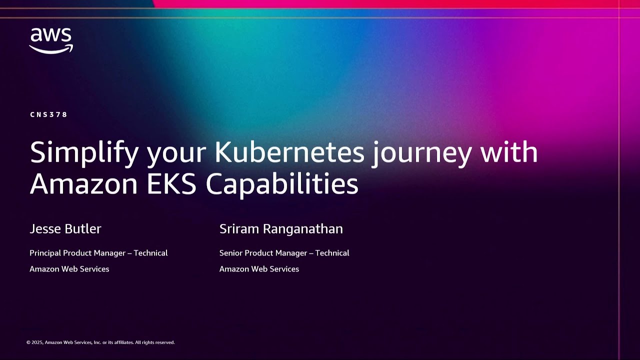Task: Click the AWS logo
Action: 51,40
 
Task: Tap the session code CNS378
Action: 48,114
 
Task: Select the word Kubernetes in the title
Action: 289,152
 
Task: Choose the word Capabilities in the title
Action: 282,184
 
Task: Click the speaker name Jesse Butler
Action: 65,229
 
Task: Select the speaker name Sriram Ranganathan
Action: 281,229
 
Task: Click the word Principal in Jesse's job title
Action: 45,253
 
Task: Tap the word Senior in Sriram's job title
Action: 231,253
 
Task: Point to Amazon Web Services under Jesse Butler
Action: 69,269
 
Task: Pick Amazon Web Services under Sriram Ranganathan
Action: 259,269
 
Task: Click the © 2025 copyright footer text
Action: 100,342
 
